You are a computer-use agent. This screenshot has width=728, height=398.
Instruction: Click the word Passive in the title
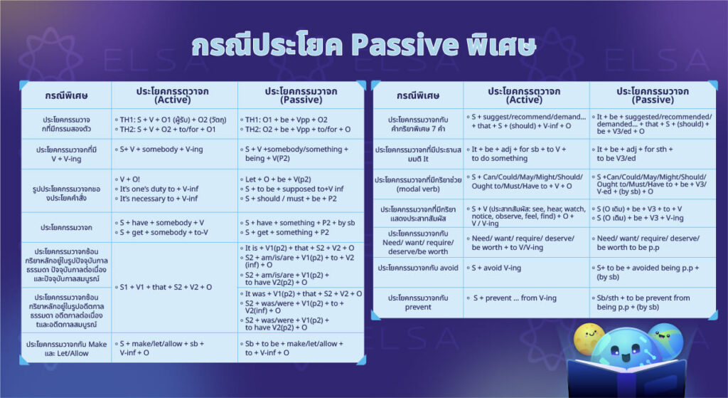pyautogui.click(x=405, y=44)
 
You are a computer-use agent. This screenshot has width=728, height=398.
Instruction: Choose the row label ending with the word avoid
pyautogui.click(x=417, y=268)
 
